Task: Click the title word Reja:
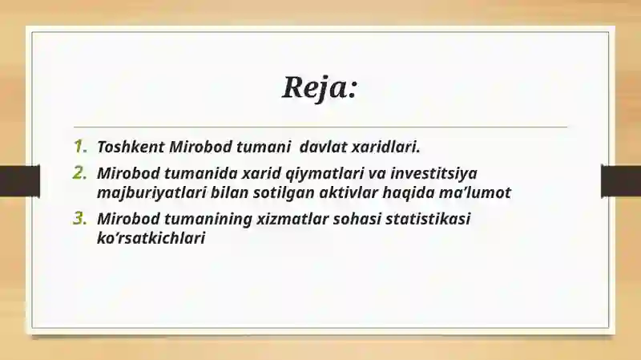point(319,87)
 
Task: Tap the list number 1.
point(79,147)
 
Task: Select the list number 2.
point(79,173)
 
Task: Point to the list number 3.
point(79,218)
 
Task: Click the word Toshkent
point(131,148)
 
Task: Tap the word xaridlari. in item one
point(386,148)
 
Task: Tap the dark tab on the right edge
point(621,180)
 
